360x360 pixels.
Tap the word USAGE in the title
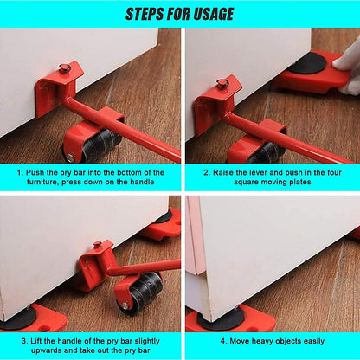tap(211, 13)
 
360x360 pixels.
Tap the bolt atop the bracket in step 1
tap(63, 69)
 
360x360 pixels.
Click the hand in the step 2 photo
tap(348, 66)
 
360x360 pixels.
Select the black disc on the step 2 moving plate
tap(307, 63)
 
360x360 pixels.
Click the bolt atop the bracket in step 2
tap(222, 84)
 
